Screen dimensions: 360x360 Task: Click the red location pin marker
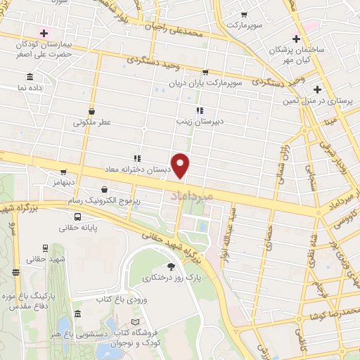pyautogui.click(x=181, y=165)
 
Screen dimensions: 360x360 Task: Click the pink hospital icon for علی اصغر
pyautogui.click(x=44, y=32)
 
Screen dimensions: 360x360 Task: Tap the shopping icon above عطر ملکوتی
pyautogui.click(x=93, y=110)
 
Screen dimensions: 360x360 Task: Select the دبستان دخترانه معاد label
pyautogui.click(x=136, y=169)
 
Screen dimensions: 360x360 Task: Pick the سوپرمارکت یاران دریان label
pyautogui.click(x=209, y=83)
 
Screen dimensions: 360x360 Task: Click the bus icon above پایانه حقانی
pyautogui.click(x=79, y=217)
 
